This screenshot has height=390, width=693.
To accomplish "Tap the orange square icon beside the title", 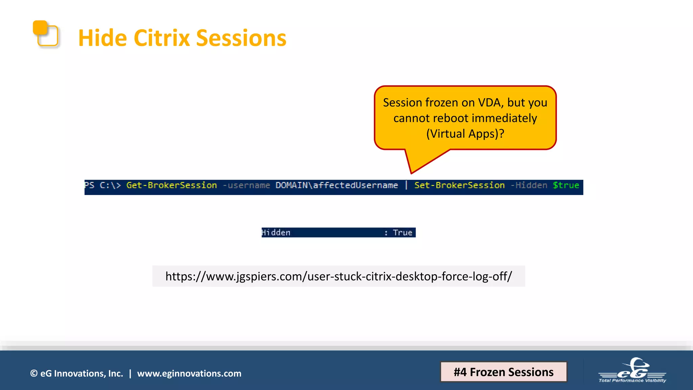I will tap(45, 34).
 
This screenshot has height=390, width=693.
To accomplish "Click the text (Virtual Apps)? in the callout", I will tap(465, 134).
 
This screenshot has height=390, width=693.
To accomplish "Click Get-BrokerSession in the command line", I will tap(172, 186).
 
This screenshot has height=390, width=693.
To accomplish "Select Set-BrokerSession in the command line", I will tap(459, 186).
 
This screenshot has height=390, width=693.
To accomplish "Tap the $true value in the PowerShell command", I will tap(566, 186).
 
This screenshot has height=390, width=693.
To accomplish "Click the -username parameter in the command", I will tap(246, 186).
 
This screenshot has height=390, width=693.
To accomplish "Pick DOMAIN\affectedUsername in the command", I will tap(337, 186).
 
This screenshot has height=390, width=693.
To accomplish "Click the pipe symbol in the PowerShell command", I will tap(406, 186).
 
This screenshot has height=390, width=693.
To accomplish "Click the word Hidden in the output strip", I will tap(276, 233).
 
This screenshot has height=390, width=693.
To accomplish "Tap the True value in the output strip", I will tap(402, 233).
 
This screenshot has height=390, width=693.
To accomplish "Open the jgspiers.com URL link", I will tap(338, 276).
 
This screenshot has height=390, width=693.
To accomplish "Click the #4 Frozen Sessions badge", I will tap(504, 372).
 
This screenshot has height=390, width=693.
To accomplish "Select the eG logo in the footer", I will tap(632, 370).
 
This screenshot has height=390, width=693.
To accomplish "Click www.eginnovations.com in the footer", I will tap(189, 373).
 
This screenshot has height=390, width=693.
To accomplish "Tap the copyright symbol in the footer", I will tap(34, 373).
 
